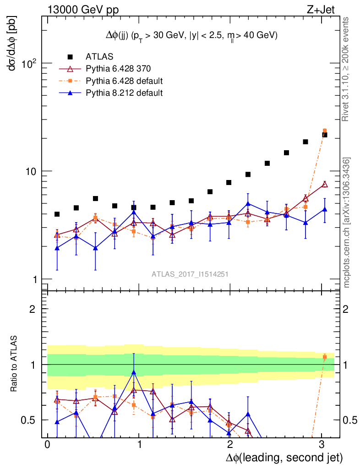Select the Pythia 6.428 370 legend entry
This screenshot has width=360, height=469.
(118, 69)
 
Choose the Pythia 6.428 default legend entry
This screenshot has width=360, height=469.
(124, 81)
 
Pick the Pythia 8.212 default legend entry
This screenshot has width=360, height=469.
(124, 93)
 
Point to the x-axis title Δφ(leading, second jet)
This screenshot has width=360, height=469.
(284, 458)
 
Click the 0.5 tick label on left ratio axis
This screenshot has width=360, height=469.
(28, 420)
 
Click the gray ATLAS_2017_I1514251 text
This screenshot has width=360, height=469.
(190, 274)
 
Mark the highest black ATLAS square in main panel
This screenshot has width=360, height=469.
(324, 135)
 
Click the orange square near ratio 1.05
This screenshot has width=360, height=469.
(324, 357)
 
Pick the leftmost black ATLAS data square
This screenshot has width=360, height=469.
(57, 214)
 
